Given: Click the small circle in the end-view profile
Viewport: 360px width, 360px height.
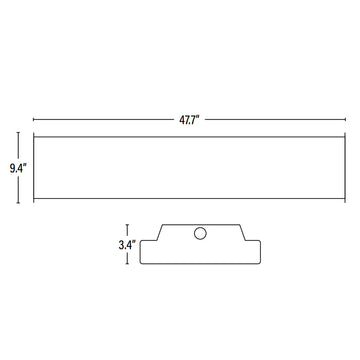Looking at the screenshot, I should coord(199,234).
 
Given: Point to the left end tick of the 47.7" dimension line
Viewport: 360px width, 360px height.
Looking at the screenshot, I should coord(33,117).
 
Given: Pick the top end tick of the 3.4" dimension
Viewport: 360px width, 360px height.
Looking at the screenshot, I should coord(128,224).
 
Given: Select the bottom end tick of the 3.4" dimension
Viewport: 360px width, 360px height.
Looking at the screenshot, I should coord(128,264).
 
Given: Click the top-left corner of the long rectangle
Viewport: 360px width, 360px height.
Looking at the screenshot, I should coord(33,133).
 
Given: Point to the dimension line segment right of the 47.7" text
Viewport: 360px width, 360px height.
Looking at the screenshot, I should coord(265,117).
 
